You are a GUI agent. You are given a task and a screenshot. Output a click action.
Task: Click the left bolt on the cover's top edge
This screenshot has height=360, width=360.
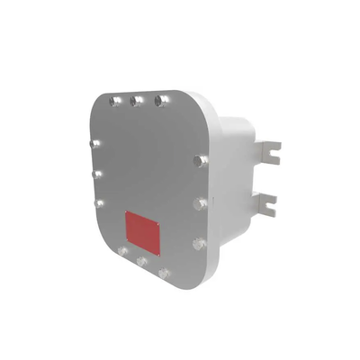click(114, 102)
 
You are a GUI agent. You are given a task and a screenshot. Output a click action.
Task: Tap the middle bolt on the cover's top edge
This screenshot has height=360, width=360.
click(137, 101)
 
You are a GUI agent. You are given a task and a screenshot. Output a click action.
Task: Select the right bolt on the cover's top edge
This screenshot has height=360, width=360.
click(160, 100)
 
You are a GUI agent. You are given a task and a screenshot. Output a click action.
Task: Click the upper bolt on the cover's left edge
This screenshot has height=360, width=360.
click(97, 142)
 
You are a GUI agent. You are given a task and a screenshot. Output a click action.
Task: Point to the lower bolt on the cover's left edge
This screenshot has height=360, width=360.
click(100, 202)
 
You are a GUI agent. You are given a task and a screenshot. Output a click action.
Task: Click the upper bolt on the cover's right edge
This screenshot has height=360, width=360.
click(200, 161)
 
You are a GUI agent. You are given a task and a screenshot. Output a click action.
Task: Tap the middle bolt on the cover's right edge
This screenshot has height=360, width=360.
click(200, 203)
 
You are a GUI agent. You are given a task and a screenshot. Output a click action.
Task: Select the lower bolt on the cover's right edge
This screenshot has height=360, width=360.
click(198, 242)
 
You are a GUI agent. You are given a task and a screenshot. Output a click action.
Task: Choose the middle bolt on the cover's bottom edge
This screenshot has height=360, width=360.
click(142, 261)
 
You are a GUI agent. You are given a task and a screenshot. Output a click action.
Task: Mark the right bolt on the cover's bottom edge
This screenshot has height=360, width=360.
click(164, 272)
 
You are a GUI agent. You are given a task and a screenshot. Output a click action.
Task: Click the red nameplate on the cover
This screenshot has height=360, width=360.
click(142, 231)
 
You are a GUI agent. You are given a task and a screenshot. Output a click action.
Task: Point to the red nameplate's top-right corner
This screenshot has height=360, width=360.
click(160, 222)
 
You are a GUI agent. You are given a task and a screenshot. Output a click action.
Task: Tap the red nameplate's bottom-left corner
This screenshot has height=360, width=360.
click(125, 240)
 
